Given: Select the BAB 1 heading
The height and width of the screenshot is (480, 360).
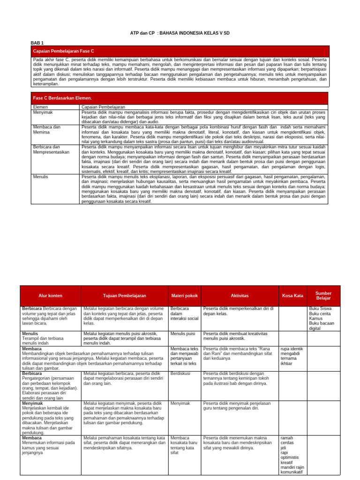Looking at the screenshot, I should point(37,43).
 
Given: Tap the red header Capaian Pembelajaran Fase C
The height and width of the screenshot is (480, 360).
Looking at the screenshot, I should point(63,51).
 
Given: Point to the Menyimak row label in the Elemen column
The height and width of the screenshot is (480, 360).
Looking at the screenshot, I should point(43,112).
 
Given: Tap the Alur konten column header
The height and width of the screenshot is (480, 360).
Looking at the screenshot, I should point(50,296).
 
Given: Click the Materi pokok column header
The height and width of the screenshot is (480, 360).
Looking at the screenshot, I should point(184,296).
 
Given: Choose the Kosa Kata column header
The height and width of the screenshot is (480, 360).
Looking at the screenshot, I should point(292,296).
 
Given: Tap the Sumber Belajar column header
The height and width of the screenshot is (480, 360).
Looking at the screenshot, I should point(323,296).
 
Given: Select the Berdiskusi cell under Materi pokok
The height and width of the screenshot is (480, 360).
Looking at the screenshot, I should point(180,374).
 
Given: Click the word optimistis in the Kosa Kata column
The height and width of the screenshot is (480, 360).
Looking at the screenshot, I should point(289,457).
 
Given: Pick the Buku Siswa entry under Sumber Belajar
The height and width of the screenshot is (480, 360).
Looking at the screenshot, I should point(320,308).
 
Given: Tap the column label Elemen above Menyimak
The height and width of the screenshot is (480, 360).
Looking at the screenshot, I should point(41,107).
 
